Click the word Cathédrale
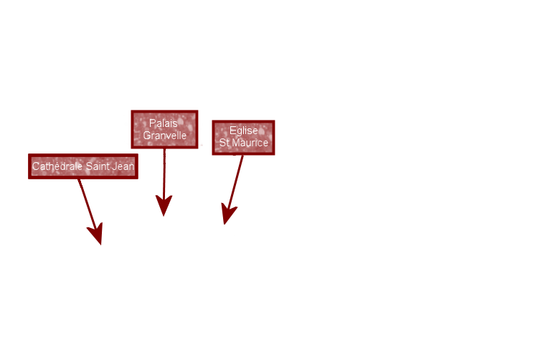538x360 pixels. coord(57,166)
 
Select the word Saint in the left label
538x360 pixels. coord(98,166)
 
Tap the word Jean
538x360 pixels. coord(123,166)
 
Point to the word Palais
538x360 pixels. coord(164,123)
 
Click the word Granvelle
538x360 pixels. coord(164,136)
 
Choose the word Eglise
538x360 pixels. coord(243,131)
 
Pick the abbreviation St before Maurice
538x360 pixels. coord(225,143)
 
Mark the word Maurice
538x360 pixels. coord(250,143)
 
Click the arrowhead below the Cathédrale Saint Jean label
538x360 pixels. coord(96,235)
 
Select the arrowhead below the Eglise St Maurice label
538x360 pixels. coord(228,214)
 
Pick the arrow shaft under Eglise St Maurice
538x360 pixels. coord(237,179)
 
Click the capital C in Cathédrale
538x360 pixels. coord(35,166)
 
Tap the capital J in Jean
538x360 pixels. coord(115,166)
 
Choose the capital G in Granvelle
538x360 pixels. coord(146,136)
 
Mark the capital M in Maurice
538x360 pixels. coord(236,143)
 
